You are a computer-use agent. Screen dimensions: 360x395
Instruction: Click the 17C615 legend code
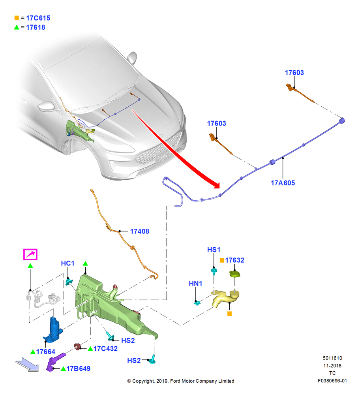pyautogui.click(x=38, y=18)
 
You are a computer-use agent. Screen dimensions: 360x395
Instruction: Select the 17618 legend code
pyautogui.click(x=36, y=28)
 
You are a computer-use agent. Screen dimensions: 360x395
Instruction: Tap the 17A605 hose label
pyautogui.click(x=283, y=183)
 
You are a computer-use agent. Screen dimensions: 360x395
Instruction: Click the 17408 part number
pyautogui.click(x=139, y=231)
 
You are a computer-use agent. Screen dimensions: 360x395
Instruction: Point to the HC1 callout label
pyautogui.click(x=68, y=263)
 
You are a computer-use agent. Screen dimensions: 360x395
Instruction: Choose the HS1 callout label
pyautogui.click(x=214, y=250)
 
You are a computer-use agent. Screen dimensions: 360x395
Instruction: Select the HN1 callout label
pyautogui.click(x=196, y=284)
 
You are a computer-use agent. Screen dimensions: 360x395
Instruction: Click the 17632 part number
pyautogui.click(x=234, y=260)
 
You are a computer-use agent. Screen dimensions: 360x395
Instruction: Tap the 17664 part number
pyautogui.click(x=45, y=352)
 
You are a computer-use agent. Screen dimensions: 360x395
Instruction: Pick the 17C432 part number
pyautogui.click(x=105, y=349)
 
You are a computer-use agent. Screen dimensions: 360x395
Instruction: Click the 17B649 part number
pyautogui.click(x=78, y=369)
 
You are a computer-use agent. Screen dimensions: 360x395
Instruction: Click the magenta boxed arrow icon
pyautogui.click(x=30, y=254)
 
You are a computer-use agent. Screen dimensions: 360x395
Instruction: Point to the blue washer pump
pyautogui.click(x=53, y=330)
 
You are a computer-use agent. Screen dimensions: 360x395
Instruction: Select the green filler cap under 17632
pyautogui.click(x=235, y=274)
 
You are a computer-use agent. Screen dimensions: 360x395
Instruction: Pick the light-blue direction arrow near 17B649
pyautogui.click(x=27, y=365)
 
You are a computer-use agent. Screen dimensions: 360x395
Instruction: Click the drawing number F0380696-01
pyautogui.click(x=332, y=381)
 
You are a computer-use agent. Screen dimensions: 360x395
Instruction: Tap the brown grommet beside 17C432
pyautogui.click(x=77, y=347)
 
